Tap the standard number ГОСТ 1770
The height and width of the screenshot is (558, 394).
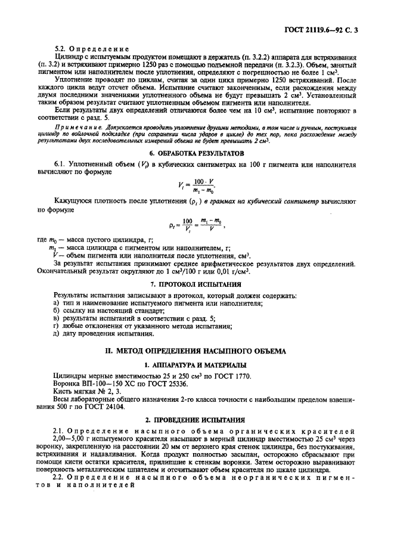point(233,376)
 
